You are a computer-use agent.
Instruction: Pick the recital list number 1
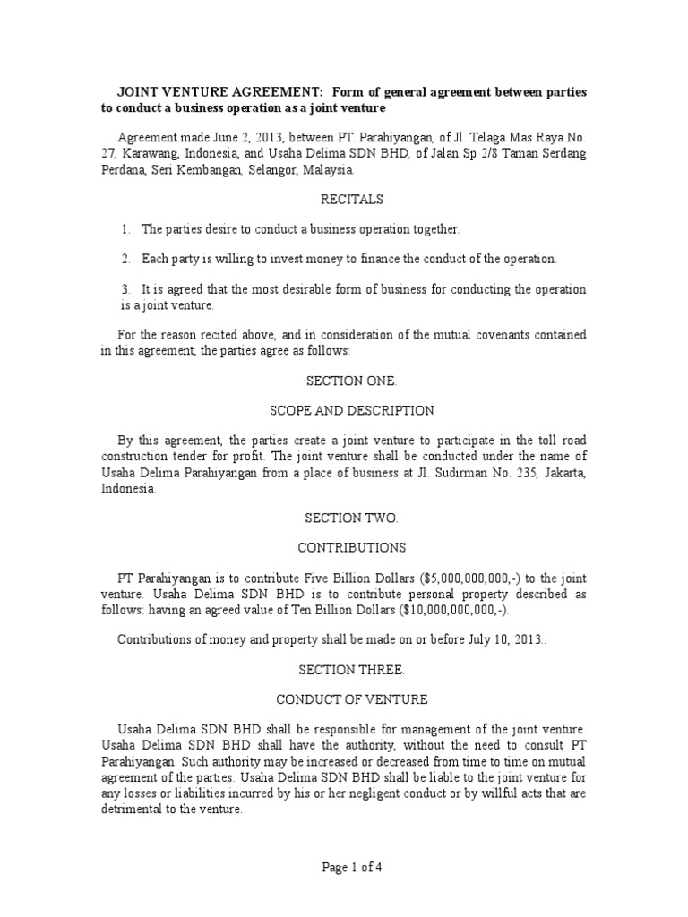[x=126, y=229]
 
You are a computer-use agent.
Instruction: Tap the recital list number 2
[x=126, y=260]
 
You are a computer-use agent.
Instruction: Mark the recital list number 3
[x=126, y=289]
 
